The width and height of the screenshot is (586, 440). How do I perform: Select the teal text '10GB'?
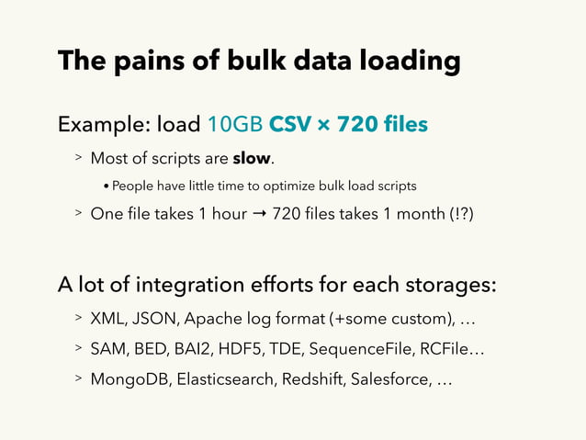236,124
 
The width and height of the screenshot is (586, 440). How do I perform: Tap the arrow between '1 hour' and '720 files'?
260,214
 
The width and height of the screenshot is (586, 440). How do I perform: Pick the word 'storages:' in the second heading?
449,285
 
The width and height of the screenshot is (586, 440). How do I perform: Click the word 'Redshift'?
312,378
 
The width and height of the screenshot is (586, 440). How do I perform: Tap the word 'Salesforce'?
389,378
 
